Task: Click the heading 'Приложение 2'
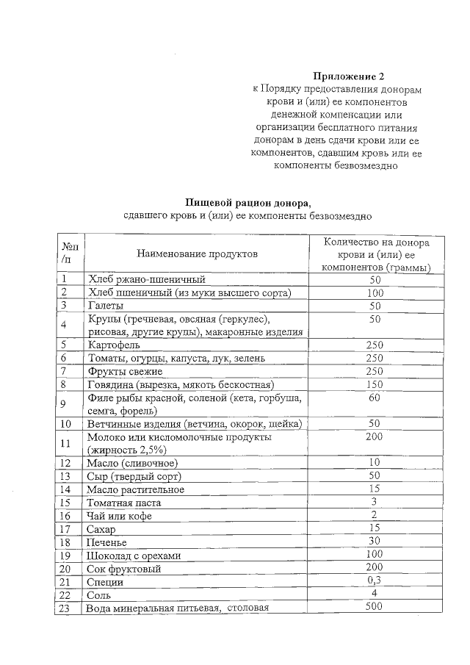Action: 348,76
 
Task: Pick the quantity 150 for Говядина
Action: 375,384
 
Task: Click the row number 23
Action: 67,608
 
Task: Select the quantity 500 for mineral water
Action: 375,607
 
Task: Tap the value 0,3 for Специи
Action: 375,580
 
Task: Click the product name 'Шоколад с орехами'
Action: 134,556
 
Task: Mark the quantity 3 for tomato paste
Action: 375,501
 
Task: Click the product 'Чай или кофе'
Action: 119,516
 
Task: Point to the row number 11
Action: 67,443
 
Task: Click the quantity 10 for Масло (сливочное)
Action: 375,462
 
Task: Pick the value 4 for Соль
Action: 375,593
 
